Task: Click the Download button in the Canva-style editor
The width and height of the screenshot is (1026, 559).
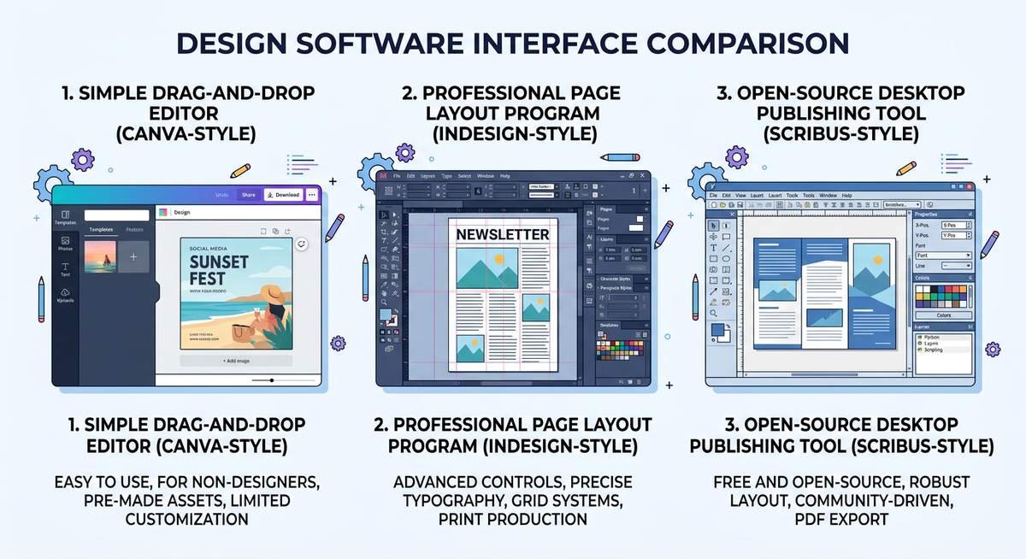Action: [283, 195]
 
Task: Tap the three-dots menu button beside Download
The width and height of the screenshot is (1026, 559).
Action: [311, 195]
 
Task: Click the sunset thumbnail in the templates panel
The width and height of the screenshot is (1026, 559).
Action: [99, 256]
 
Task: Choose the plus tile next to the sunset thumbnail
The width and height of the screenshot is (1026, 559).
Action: [133, 256]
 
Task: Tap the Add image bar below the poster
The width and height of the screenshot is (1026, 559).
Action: [236, 361]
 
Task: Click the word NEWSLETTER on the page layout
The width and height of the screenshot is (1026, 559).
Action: [502, 234]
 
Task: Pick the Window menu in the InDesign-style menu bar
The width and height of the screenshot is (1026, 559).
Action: [485, 175]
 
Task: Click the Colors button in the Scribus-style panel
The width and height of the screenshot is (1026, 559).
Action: [943, 315]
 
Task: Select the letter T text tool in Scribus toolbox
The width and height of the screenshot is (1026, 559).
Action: [713, 247]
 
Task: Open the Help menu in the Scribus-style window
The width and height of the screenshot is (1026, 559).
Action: [846, 196]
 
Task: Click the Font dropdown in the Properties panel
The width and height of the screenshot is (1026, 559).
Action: [943, 256]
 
